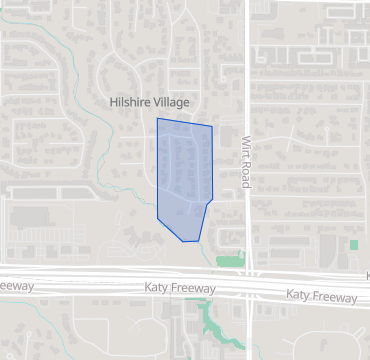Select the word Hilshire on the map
[x=129, y=102]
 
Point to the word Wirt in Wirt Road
[x=244, y=149]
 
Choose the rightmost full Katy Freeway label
[x=321, y=296]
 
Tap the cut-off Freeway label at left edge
[x=17, y=287]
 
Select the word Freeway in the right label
[x=334, y=297]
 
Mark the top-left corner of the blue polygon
[x=157, y=118]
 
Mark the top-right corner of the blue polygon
[x=212, y=126]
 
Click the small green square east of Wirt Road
[x=354, y=244]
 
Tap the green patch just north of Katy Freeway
[x=229, y=261]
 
